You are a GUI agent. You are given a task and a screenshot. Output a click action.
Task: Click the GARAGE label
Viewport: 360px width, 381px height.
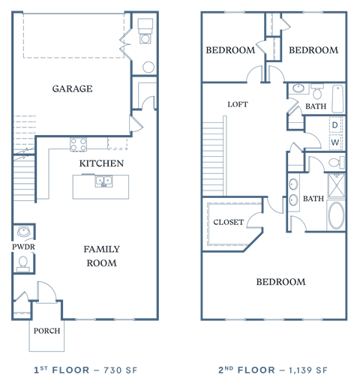(73, 88)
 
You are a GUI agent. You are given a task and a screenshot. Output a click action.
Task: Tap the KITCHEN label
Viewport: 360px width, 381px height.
(101, 163)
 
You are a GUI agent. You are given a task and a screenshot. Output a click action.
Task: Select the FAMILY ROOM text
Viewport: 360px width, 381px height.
(101, 256)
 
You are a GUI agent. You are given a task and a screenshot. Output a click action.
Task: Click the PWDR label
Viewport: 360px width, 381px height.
(22, 246)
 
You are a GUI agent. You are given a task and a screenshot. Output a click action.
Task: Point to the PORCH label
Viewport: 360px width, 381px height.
(46, 331)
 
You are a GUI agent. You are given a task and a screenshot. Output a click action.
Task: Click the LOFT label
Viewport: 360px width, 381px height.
(237, 104)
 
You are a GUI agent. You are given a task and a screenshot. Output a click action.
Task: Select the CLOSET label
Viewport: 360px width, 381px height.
(228, 222)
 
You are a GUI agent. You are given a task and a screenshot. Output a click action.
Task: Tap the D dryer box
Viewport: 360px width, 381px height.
(335, 124)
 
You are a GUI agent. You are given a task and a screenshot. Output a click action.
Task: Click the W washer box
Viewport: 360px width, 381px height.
(335, 142)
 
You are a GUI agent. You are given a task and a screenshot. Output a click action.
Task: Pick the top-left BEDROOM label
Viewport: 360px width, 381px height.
(231, 50)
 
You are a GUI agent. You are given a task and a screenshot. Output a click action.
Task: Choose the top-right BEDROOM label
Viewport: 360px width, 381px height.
(313, 50)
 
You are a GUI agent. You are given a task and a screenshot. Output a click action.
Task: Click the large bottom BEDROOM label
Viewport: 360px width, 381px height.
(280, 282)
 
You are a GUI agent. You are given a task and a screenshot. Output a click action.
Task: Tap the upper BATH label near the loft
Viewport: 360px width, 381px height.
(315, 106)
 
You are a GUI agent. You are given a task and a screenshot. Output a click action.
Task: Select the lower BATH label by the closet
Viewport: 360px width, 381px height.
(313, 199)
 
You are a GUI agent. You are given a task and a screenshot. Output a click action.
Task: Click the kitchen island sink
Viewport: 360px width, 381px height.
(103, 181)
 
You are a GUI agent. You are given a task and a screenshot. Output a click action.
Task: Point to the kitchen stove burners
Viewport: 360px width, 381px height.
(78, 143)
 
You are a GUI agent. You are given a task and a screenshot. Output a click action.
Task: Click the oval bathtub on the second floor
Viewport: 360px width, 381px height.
(336, 217)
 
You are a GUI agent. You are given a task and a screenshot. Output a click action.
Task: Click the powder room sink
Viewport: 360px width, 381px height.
(23, 232)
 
